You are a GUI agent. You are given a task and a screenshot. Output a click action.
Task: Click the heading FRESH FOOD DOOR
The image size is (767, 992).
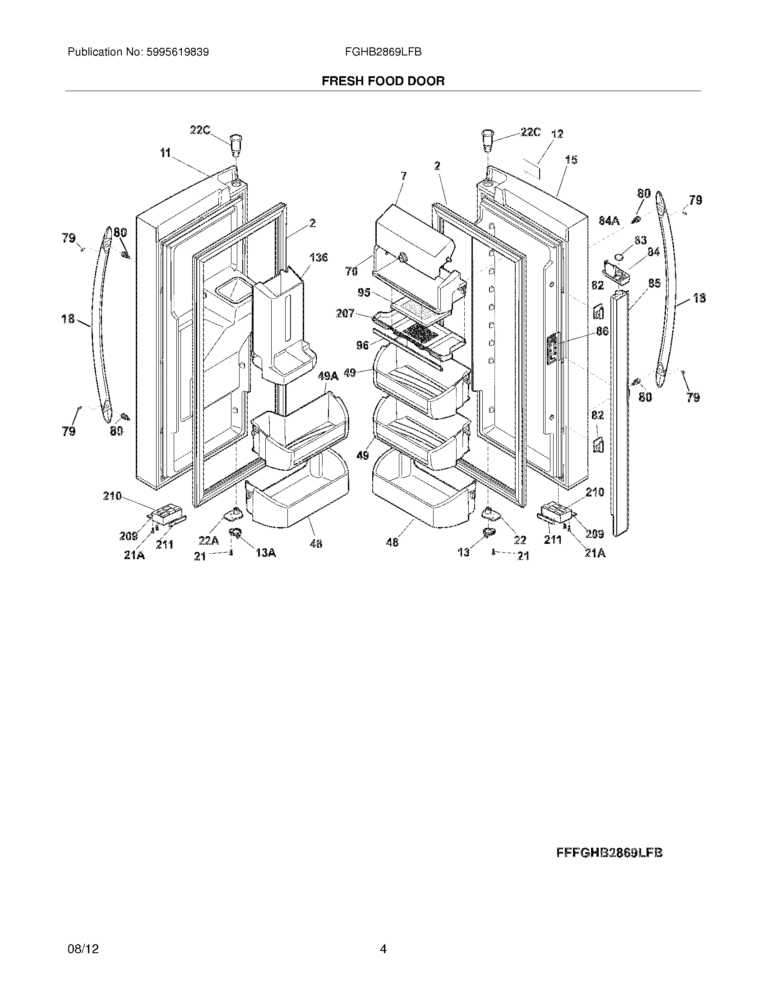pyautogui.click(x=383, y=81)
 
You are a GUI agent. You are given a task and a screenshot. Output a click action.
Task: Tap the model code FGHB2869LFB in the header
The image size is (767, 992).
pyautogui.click(x=383, y=52)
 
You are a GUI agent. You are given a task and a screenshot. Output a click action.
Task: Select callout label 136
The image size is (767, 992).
pyautogui.click(x=319, y=257)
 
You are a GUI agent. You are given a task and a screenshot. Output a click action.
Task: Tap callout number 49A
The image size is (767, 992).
pyautogui.click(x=328, y=376)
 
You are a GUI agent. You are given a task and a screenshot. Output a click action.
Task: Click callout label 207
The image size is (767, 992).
pyautogui.click(x=345, y=313)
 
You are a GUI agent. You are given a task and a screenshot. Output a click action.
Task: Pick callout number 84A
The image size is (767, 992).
pyautogui.click(x=610, y=221)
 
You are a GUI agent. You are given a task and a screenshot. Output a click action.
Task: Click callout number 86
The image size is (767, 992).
pyautogui.click(x=602, y=331)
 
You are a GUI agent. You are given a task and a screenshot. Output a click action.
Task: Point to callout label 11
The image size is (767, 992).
pyautogui.click(x=165, y=153)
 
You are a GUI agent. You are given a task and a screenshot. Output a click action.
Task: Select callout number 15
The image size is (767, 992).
pyautogui.click(x=571, y=160)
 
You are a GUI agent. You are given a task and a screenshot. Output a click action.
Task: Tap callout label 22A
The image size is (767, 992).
pyautogui.click(x=208, y=541)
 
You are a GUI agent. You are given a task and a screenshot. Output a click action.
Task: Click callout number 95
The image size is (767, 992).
pyautogui.click(x=364, y=293)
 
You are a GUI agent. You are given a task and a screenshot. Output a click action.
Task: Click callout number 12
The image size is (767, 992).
pyautogui.click(x=557, y=134)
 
